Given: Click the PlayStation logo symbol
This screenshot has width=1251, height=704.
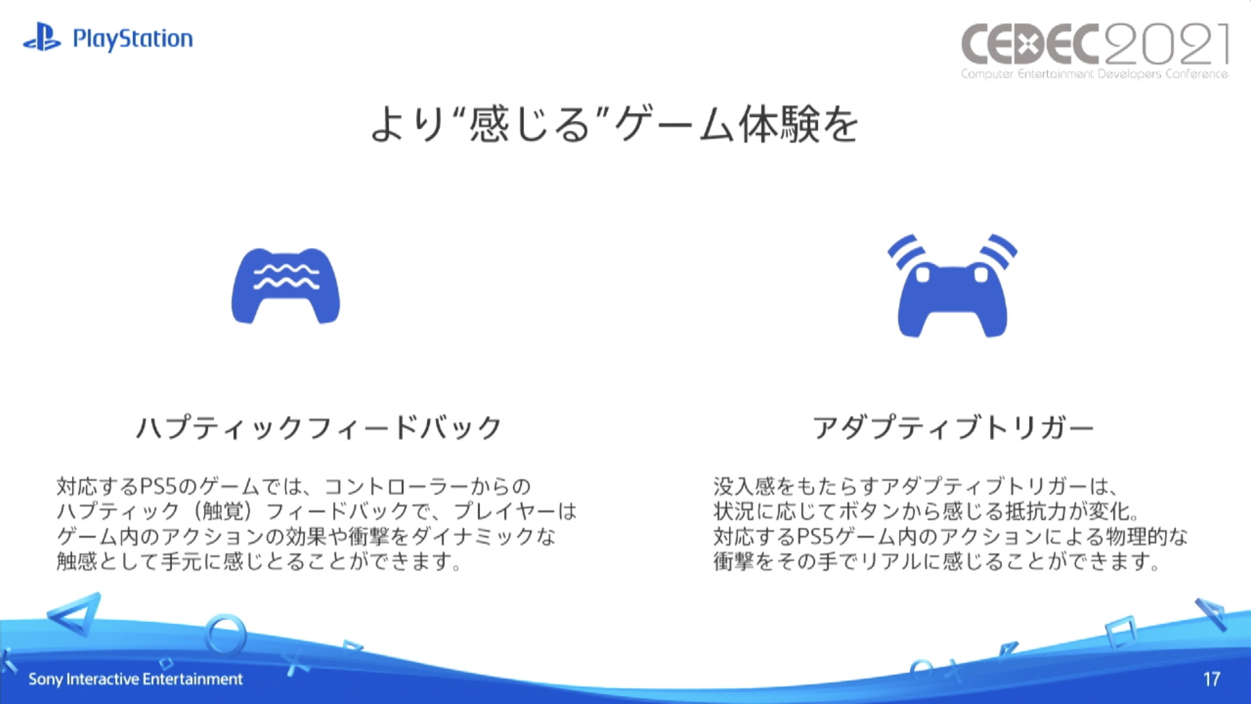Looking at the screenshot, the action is pos(42,37).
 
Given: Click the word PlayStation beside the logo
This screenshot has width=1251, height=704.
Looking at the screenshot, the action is pos(132,39).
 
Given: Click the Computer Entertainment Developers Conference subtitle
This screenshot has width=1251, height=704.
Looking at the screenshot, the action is pos(1094,74).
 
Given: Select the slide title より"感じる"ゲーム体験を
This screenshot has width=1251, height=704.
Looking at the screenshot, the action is pos(614,124).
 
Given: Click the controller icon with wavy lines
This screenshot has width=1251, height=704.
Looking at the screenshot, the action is pos(285,286).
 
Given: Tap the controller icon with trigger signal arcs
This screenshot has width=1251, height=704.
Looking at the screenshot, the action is pos(952,286).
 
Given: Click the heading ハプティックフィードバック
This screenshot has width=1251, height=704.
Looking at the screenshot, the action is pos(319,427).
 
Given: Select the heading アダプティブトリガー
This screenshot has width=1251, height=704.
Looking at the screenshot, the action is pos(952,427).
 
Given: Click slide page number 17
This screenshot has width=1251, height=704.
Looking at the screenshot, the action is pos(1211,679).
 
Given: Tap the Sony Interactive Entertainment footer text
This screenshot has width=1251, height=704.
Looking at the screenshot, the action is pos(135,679).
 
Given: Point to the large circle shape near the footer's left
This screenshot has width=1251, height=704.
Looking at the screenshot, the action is pos(225,634).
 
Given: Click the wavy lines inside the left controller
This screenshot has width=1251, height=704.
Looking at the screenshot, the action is pos(287,277).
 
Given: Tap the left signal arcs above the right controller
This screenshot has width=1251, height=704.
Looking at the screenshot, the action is pos(906,252).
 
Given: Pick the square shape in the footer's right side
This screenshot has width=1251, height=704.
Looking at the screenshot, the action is pos(1120,633).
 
